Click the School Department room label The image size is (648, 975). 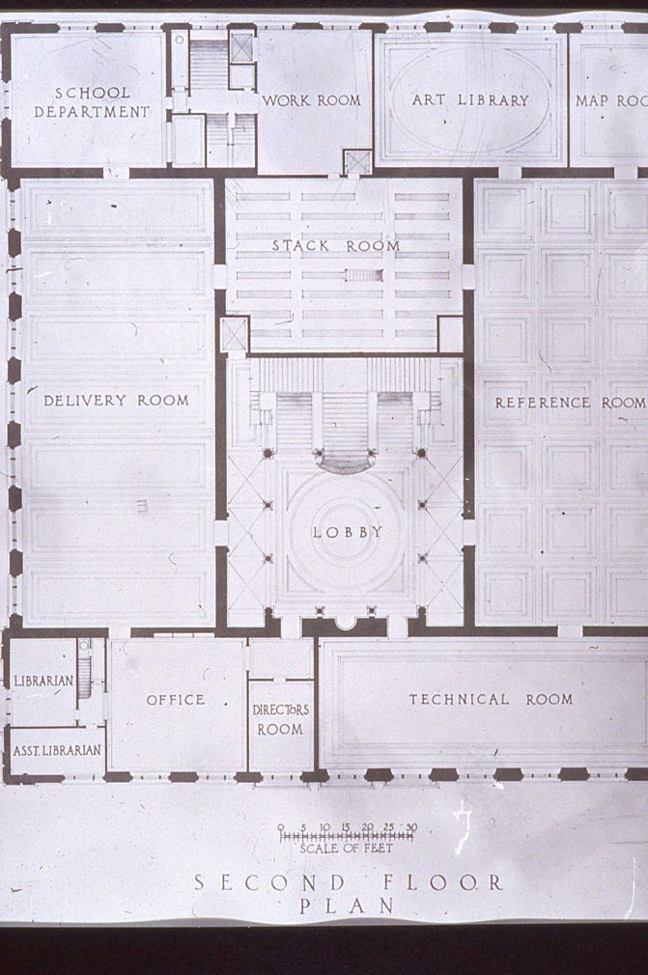92,102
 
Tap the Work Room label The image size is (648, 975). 311,100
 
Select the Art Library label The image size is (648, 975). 470,100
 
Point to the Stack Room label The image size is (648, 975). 336,245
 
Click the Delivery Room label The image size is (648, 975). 116,401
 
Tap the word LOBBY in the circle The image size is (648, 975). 348,532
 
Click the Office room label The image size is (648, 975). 176,700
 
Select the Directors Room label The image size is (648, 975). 280,719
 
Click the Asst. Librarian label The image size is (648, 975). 57,750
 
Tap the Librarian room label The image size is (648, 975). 43,681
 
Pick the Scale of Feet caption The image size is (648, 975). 346,849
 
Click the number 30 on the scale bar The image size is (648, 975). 411,827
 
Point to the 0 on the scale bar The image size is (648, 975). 281,827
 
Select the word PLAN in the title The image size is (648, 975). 347,906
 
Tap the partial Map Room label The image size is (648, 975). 610,100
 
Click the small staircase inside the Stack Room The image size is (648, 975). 364,275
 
